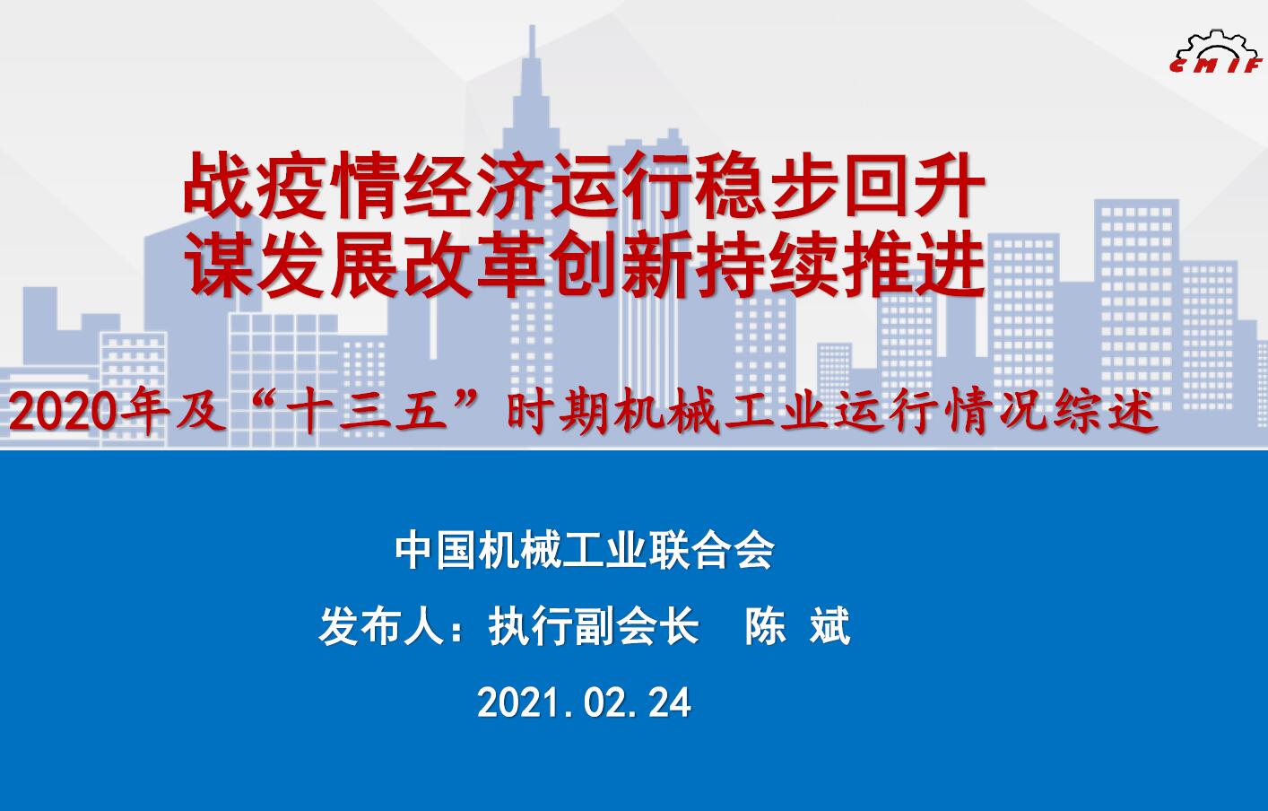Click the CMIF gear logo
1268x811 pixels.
click(1216, 53)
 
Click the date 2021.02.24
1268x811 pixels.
click(584, 703)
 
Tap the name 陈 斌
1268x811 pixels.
click(797, 626)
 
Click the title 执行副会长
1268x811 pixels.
click(594, 626)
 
